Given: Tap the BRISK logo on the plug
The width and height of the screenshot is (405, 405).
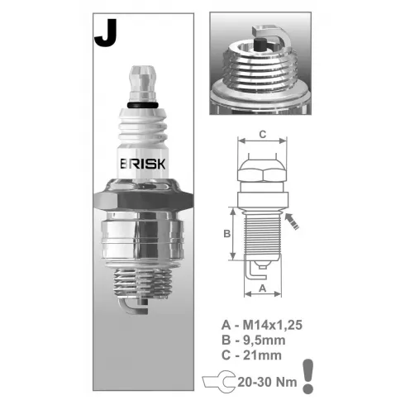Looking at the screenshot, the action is pos(143,164).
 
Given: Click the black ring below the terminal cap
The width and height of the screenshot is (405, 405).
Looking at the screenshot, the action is pos(143,105).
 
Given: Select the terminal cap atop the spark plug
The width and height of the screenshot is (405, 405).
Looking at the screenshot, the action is pos(143,83).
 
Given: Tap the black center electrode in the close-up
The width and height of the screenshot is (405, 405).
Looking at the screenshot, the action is pos(260,45).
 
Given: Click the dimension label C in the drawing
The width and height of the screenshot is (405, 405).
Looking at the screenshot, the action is pos(263,134).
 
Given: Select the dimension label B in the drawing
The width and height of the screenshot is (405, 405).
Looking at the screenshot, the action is pos(226,234).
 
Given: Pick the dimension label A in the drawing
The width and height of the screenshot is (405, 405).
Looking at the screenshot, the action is pos(263,288).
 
